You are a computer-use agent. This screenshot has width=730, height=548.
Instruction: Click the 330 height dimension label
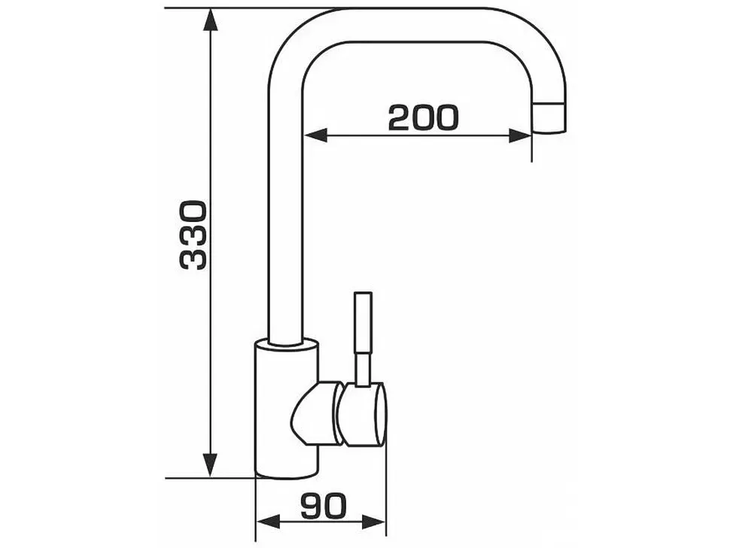pos(193,236)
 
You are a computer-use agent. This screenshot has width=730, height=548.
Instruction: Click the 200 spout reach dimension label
pos(423,117)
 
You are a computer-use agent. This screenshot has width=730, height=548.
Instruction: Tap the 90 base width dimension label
pos(324,506)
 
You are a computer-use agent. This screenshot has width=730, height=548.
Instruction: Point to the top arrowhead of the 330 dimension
pos(211,20)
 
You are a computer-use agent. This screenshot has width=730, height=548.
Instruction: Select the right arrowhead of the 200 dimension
pos(520,135)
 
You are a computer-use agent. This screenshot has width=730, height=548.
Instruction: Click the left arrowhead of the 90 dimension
pos(268,522)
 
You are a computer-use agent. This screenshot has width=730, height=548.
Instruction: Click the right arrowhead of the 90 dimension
pos(374,522)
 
